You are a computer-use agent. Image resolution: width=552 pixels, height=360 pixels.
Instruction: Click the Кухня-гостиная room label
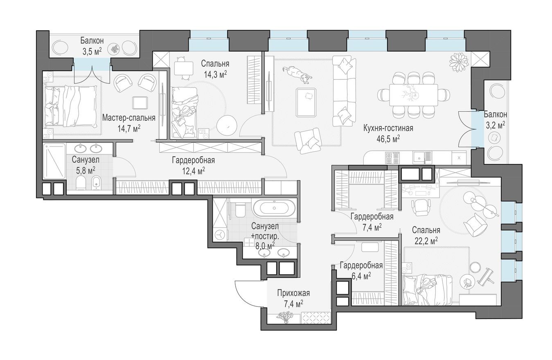pyautogui.click(x=388, y=128)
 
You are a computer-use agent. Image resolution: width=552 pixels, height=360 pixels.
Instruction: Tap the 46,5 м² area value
pyautogui.click(x=388, y=139)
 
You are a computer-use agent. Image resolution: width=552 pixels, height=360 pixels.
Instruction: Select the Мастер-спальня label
pyautogui.click(x=128, y=118)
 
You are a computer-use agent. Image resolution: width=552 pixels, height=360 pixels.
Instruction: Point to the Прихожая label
pyautogui.click(x=293, y=293)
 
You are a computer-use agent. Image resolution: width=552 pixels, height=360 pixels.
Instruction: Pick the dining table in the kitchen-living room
pyautogui.click(x=413, y=95)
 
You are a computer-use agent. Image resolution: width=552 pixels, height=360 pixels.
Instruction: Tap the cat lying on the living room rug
pyautogui.click(x=297, y=74)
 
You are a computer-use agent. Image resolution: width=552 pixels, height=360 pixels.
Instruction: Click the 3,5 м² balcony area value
pyautogui.click(x=92, y=51)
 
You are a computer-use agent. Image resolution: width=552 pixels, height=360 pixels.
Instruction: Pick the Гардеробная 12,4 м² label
pyautogui.click(x=193, y=160)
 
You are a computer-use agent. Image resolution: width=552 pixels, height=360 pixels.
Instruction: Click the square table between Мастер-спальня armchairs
pyautogui.click(x=140, y=102)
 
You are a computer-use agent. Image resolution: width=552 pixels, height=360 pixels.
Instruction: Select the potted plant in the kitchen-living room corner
pyautogui.click(x=458, y=62)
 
